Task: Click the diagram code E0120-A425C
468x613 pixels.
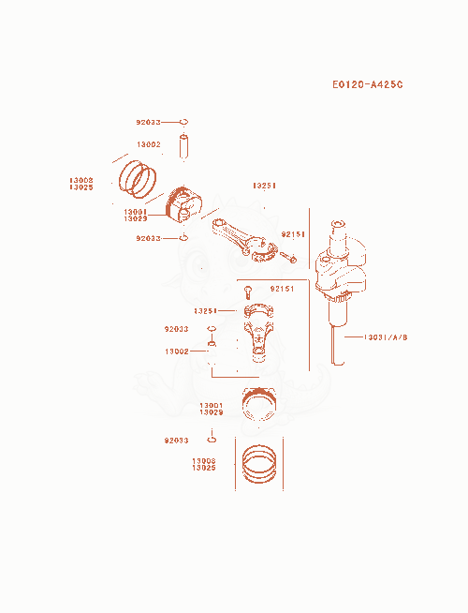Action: (367, 84)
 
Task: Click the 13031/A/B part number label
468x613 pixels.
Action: (386, 337)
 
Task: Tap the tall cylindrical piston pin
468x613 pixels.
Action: (183, 146)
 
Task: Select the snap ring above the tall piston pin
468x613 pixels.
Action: (183, 122)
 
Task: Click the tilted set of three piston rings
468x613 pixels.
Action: (138, 179)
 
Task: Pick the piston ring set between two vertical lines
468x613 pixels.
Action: (259, 464)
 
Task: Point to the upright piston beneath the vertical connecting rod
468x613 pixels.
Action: (258, 404)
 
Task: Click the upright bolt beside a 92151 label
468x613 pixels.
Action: (248, 292)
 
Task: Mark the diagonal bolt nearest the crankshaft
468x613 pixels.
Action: (289, 257)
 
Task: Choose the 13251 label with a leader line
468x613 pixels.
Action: (205, 311)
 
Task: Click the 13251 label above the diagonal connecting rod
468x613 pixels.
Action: (264, 186)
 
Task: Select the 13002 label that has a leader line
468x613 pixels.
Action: (177, 351)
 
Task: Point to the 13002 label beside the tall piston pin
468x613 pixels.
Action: (149, 144)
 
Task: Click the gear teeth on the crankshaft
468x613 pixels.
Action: (338, 299)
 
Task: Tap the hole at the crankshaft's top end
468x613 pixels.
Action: (338, 224)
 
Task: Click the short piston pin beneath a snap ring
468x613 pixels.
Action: (212, 343)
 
